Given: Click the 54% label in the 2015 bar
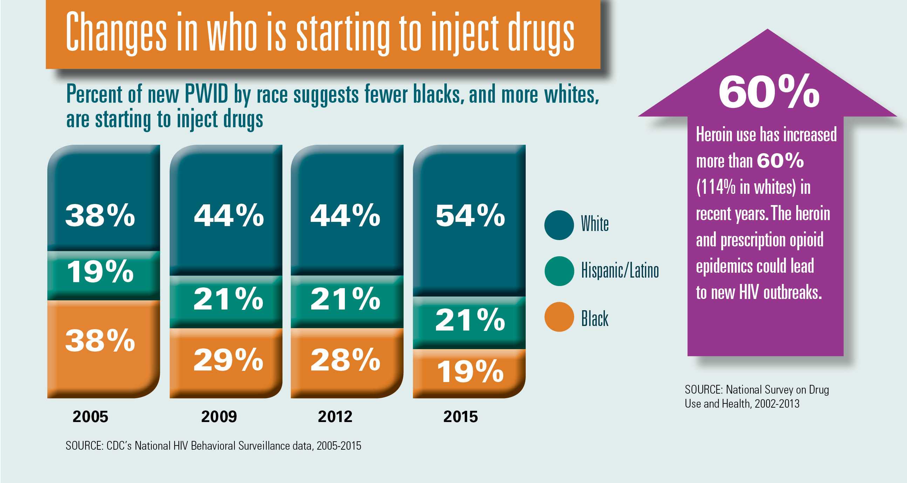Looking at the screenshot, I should [x=470, y=216].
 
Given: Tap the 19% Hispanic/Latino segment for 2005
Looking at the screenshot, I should [x=101, y=272].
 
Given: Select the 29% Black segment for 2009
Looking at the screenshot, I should [x=229, y=360].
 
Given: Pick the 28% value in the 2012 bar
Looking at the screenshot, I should [x=346, y=360].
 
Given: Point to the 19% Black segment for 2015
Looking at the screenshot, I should [x=470, y=372].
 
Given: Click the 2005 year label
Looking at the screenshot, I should [x=90, y=417].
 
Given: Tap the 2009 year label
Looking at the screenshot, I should [x=219, y=417].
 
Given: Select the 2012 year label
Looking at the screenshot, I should [x=335, y=417].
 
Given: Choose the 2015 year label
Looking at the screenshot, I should [x=461, y=417].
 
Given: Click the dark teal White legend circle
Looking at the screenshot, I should [x=559, y=225].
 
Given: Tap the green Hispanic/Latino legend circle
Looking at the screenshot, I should [x=559, y=271].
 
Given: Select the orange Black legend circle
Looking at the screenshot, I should [x=559, y=317].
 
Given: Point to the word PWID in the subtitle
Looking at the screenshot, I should [x=207, y=94].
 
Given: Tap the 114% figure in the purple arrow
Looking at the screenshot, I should [x=716, y=187].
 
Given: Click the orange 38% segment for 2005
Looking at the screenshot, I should [x=101, y=341].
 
